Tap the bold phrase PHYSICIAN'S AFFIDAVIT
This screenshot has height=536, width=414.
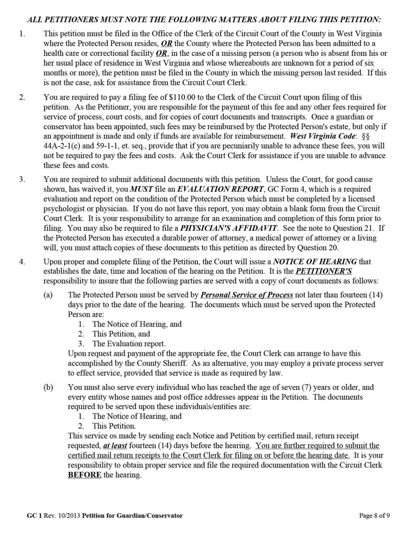229,228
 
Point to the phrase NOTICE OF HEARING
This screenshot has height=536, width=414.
315,261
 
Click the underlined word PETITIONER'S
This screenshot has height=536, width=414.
324,271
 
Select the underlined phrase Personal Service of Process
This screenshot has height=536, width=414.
247,295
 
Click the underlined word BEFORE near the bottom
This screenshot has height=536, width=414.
85,475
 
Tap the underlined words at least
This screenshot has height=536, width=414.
115,446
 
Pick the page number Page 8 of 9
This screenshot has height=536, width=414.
374,516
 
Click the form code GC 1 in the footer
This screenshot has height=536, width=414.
34,516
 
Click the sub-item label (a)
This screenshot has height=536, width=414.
48,295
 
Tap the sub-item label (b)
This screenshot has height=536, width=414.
48,387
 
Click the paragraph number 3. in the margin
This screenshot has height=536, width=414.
22,180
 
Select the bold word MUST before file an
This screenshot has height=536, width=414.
139,189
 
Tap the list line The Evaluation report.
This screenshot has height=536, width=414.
129,344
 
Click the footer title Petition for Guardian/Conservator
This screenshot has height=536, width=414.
132,516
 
